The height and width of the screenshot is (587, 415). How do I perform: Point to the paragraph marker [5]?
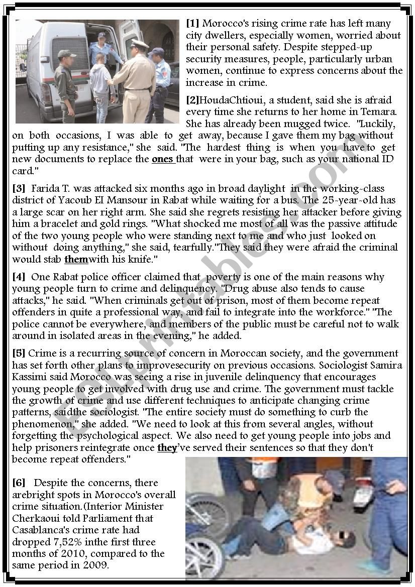coord(19,353)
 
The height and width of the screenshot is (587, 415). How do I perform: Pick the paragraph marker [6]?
coord(19,483)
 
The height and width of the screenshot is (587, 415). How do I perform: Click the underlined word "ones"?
coord(163,159)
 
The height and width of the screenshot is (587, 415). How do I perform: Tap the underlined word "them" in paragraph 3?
coord(76,259)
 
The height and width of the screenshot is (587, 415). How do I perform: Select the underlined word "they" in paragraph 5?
coord(167,447)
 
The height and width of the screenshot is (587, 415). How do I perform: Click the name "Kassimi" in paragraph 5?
coord(30,377)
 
